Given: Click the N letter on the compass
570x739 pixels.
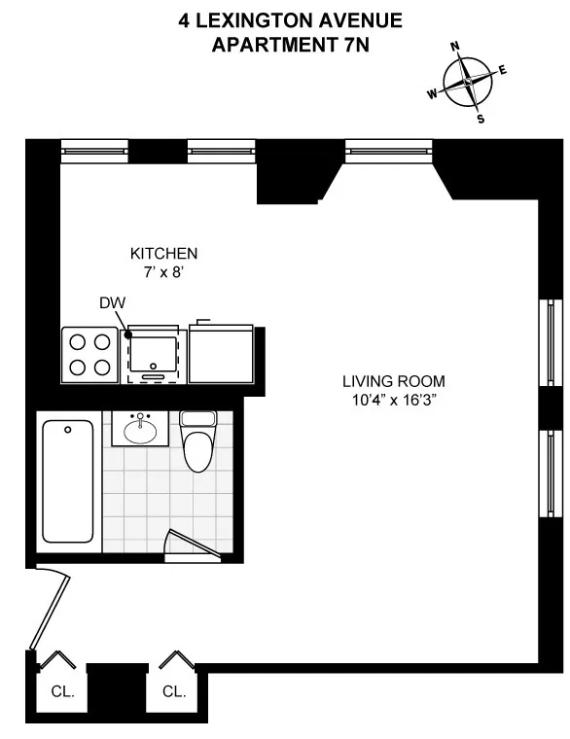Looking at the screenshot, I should coord(454,47).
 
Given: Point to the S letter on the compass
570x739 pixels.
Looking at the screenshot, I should coord(481,119).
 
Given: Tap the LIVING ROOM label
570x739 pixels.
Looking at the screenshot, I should coord(393,381).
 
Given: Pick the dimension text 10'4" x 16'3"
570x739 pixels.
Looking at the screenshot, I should coord(393,402).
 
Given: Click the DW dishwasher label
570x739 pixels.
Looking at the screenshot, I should coord(112,303).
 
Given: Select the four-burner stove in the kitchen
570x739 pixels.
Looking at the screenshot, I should coord(90,353).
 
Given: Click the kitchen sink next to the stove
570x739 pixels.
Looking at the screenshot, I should coord(154,354).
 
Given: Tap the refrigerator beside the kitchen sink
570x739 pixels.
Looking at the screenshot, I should coord(221,353).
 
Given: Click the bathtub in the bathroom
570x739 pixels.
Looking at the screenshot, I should coord(67,481).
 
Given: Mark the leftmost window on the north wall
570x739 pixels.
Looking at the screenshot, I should coord(94,149).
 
